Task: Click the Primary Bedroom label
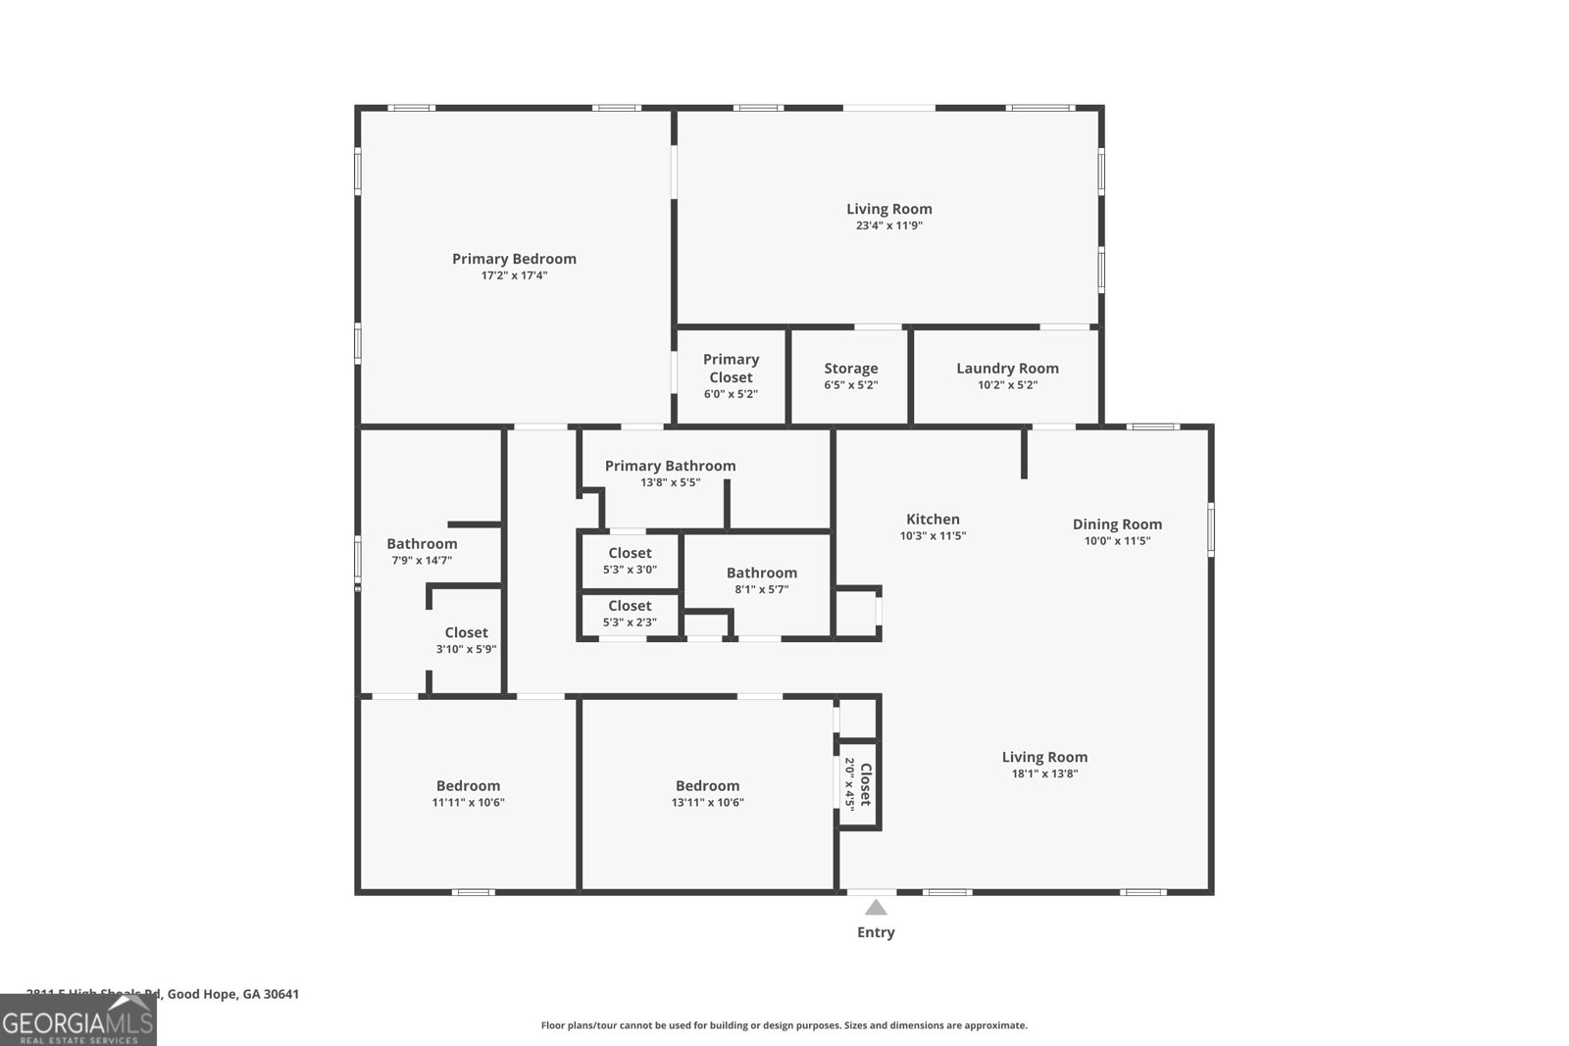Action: point(514,259)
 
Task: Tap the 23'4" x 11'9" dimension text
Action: point(888,225)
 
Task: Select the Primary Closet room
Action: point(731,375)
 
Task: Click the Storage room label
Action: point(850,369)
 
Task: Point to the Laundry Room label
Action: point(1007,369)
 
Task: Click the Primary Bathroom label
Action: point(670,466)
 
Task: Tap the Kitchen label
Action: point(933,520)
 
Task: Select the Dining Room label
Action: point(1117,524)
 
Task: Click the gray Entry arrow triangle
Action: point(876,908)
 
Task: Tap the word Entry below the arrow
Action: point(876,932)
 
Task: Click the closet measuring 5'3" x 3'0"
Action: point(630,561)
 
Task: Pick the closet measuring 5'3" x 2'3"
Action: point(630,614)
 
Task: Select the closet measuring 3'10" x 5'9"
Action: point(466,640)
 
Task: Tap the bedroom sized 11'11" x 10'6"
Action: point(468,793)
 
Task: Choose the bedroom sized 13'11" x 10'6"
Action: point(707,793)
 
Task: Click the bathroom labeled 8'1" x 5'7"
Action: point(761,580)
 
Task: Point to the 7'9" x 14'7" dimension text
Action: point(422,561)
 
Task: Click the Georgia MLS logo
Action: point(78,1021)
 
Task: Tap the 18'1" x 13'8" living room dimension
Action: point(1044,773)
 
